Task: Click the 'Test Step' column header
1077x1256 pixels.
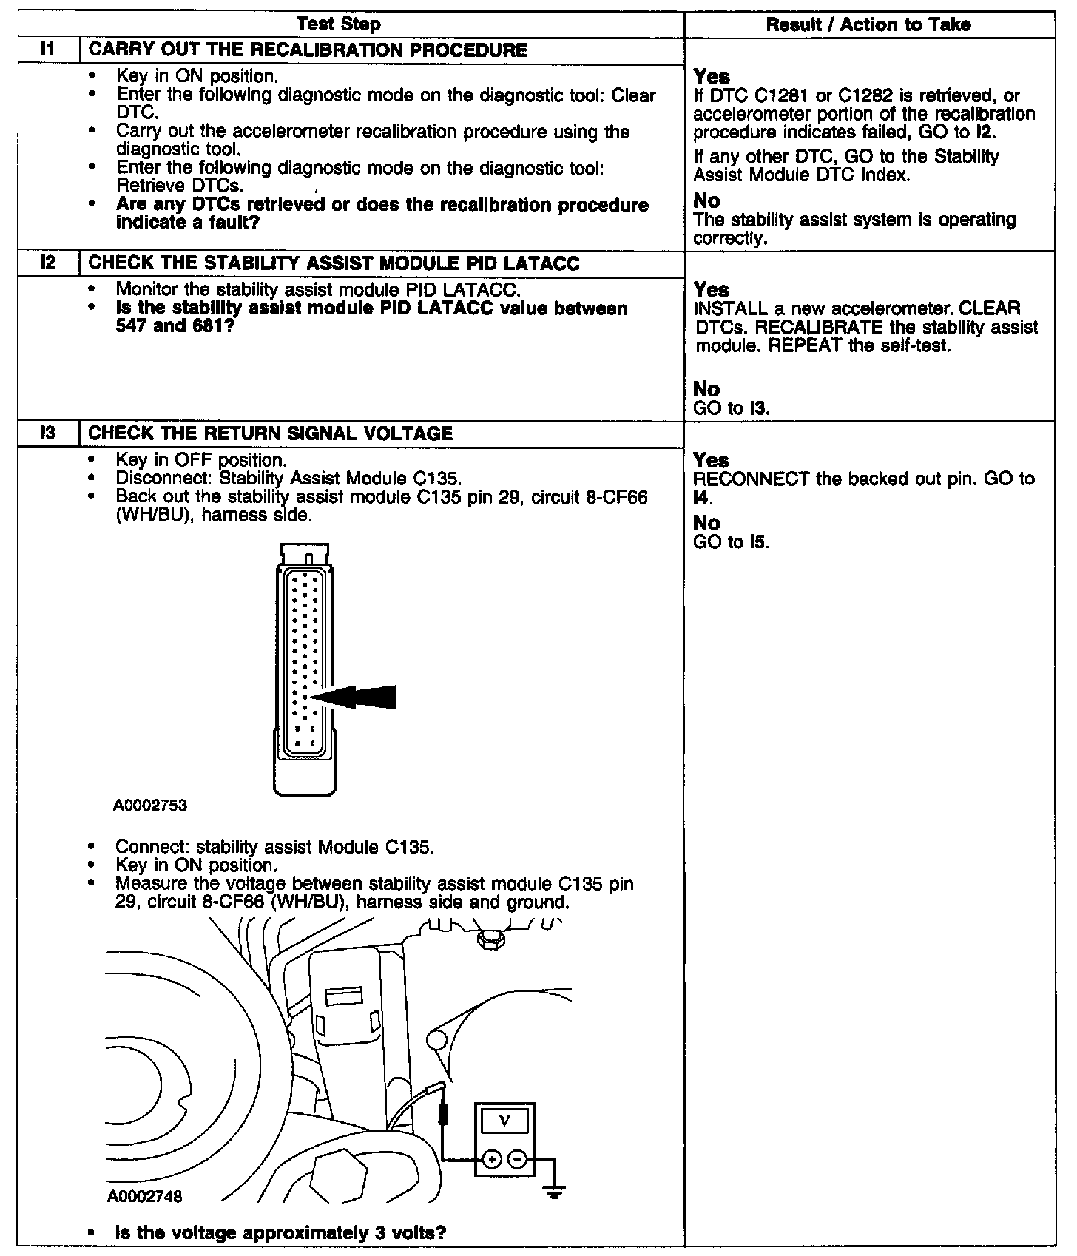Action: pyautogui.click(x=338, y=24)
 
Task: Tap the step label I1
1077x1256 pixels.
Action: pyautogui.click(x=48, y=50)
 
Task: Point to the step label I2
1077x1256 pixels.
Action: pyautogui.click(x=48, y=263)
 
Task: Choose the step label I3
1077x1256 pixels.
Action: pyautogui.click(x=48, y=433)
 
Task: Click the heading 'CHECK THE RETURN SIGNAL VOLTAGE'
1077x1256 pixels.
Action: pyautogui.click(x=270, y=433)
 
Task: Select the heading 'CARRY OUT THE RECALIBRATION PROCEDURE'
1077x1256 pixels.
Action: pyautogui.click(x=308, y=50)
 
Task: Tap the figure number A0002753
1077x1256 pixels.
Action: pyautogui.click(x=149, y=806)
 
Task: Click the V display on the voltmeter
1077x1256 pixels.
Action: pyautogui.click(x=504, y=1121)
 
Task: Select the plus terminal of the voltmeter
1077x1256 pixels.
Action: pyautogui.click(x=491, y=1159)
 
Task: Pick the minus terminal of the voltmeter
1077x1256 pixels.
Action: pyautogui.click(x=519, y=1159)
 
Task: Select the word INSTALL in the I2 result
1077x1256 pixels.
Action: pyautogui.click(x=731, y=308)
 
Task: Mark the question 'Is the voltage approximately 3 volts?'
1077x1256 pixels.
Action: pyautogui.click(x=281, y=1233)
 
